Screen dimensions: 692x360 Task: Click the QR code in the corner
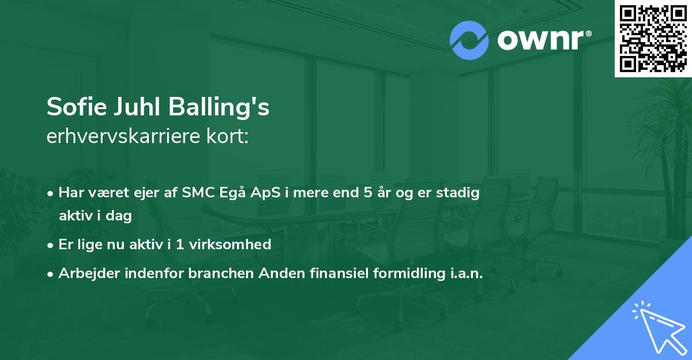(x=653, y=39)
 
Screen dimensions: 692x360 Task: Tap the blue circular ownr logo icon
(x=469, y=40)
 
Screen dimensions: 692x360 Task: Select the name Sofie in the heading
(x=77, y=107)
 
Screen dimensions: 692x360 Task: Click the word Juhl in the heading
(x=137, y=107)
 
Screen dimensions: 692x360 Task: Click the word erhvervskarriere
(x=123, y=136)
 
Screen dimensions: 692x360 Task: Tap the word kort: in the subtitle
(x=227, y=136)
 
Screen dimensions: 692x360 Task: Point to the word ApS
(x=265, y=193)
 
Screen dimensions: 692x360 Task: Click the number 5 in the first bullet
(x=368, y=193)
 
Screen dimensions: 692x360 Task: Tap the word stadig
(x=458, y=193)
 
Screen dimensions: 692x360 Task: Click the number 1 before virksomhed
(x=179, y=245)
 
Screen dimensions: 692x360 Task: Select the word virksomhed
(x=230, y=244)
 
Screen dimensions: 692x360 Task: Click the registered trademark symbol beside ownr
(x=588, y=33)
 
